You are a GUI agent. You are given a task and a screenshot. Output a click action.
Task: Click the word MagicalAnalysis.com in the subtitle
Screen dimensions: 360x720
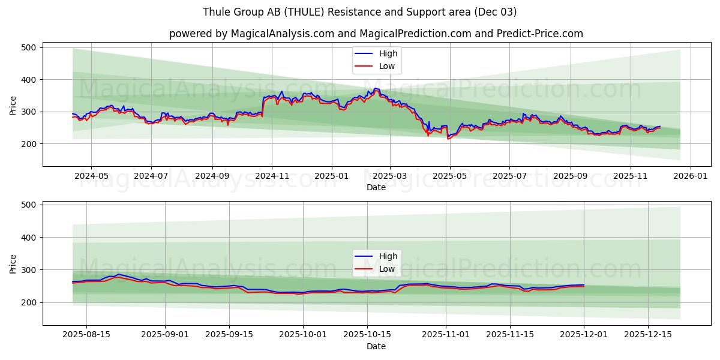282,34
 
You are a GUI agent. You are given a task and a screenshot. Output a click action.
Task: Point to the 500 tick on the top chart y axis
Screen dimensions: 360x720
29,47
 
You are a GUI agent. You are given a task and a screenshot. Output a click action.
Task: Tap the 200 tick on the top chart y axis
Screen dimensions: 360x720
29,144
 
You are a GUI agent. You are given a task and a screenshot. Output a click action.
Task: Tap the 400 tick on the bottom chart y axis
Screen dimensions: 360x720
29,238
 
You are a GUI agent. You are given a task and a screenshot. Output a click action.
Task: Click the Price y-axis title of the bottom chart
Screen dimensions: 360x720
13,263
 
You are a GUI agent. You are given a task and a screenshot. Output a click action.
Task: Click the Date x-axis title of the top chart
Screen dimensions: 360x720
376,188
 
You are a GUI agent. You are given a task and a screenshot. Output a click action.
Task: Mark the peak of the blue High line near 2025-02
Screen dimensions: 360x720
376,89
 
